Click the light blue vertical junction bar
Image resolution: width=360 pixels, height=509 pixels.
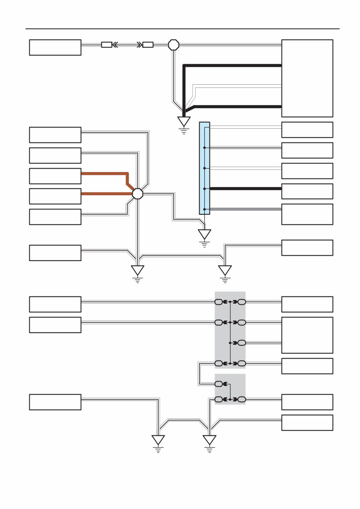click(204, 168)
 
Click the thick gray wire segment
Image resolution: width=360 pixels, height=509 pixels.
click(246, 209)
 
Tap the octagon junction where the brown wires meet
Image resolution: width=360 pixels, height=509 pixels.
click(137, 194)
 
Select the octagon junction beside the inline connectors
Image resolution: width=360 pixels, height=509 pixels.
click(173, 45)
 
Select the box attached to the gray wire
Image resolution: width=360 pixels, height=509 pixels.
click(307, 214)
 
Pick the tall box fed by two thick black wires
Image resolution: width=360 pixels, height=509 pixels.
click(307, 78)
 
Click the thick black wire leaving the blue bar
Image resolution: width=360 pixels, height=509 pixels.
click(246, 189)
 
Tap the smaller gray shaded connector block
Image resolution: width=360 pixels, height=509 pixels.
click(230, 389)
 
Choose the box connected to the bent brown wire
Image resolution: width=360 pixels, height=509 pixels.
click(55, 176)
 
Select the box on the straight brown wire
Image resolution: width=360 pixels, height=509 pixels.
click(55, 196)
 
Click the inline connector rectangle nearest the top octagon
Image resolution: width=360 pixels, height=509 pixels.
click(148, 45)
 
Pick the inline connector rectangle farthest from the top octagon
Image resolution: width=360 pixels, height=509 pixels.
click(107, 45)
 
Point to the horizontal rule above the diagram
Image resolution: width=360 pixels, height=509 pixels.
click(182, 29)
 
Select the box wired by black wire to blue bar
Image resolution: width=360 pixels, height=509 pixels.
click(307, 191)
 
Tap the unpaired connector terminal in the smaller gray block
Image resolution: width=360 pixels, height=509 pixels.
click(219, 384)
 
